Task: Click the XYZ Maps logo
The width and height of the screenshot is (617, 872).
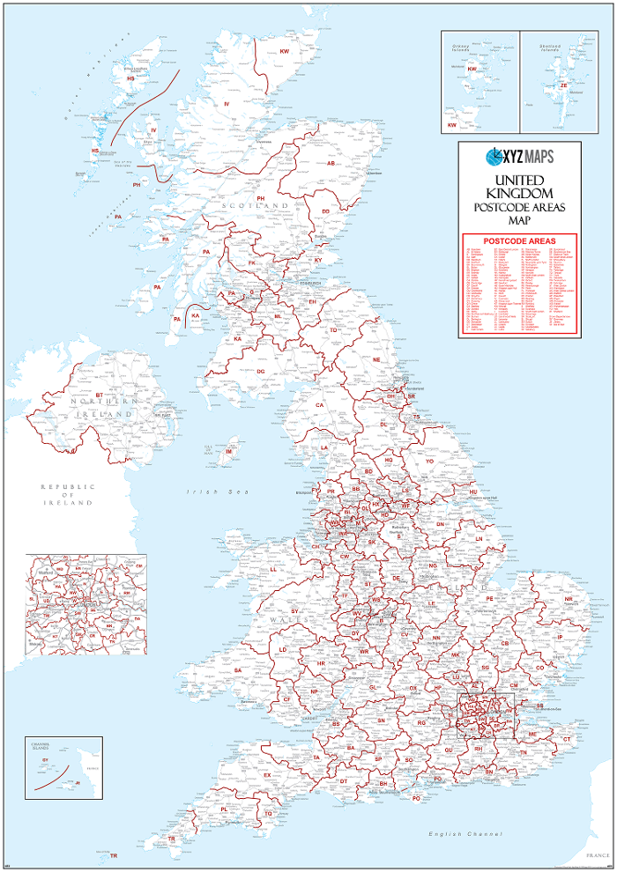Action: [x=519, y=157]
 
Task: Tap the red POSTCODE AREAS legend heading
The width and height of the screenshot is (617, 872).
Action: [x=518, y=240]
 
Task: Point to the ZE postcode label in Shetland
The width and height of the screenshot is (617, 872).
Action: [x=563, y=86]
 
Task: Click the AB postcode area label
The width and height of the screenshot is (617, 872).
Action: [x=331, y=164]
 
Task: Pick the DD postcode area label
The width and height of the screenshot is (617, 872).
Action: [x=325, y=211]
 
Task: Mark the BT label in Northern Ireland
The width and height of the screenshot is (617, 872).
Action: [x=100, y=395]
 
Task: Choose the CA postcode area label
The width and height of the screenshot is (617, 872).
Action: [x=320, y=405]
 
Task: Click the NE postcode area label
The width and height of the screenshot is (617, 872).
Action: [x=376, y=360]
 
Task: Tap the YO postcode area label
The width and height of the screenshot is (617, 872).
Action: [x=430, y=461]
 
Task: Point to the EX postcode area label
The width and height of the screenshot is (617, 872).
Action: [x=267, y=775]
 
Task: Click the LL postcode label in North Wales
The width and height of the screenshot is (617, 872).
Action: [x=273, y=570]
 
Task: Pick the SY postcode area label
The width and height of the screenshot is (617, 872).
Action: [x=296, y=610]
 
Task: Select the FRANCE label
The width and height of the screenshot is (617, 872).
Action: [x=597, y=855]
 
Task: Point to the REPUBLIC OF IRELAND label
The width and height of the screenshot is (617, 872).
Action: [x=66, y=494]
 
